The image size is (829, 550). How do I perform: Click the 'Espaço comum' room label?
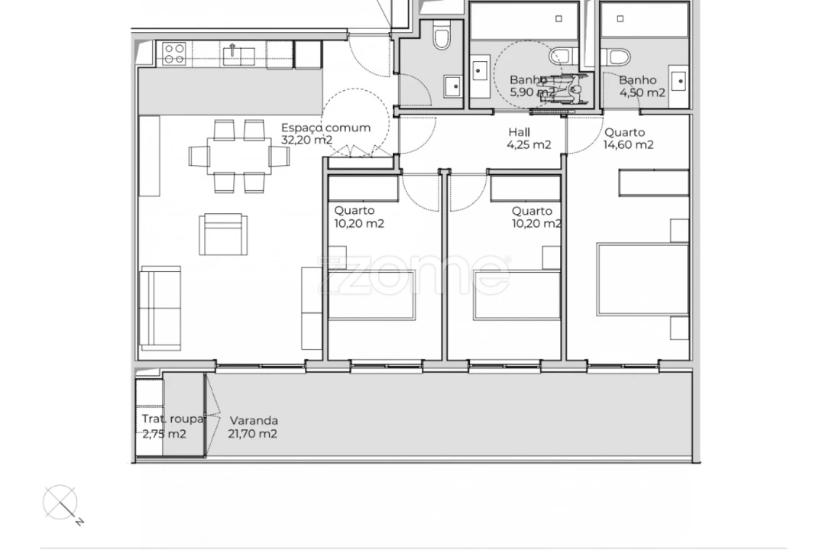pyautogui.click(x=325, y=128)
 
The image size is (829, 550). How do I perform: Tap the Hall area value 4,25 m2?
pyautogui.click(x=529, y=145)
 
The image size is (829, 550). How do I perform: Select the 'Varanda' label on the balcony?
pyautogui.click(x=254, y=420)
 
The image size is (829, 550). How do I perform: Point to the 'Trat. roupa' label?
pyautogui.click(x=172, y=419)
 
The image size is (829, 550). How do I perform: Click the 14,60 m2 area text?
pyautogui.click(x=628, y=145)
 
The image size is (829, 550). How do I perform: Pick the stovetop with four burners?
pyautogui.click(x=173, y=53)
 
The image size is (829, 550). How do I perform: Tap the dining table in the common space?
pyautogui.click(x=238, y=157)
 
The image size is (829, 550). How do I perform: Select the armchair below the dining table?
pyautogui.click(x=223, y=234)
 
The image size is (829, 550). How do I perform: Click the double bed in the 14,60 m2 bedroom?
pyautogui.click(x=643, y=279)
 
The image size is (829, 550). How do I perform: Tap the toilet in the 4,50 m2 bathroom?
pyautogui.click(x=615, y=57)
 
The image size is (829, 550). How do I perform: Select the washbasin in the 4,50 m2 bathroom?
pyautogui.click(x=678, y=79)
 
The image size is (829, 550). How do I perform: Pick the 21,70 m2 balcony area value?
pyautogui.click(x=252, y=434)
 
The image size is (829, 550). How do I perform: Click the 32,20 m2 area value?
pyautogui.click(x=306, y=140)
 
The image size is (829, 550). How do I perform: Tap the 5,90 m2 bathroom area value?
pyautogui.click(x=533, y=92)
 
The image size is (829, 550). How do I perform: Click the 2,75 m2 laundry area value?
pyautogui.click(x=164, y=434)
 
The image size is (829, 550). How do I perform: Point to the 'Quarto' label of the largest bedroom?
pyautogui.click(x=624, y=132)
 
